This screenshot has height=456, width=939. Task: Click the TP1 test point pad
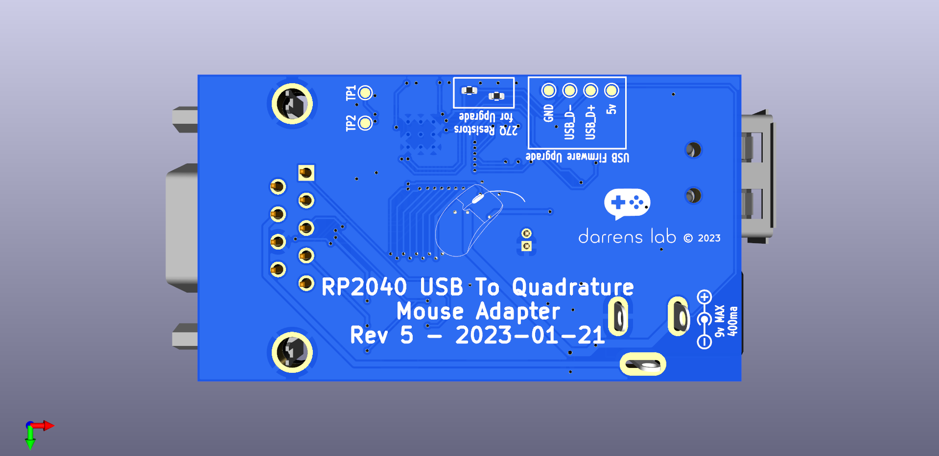pyautogui.click(x=365, y=92)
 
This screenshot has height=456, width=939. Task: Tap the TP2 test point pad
pyautogui.click(x=365, y=123)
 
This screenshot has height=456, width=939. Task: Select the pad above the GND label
pyautogui.click(x=548, y=91)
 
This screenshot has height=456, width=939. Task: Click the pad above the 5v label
pyautogui.click(x=611, y=91)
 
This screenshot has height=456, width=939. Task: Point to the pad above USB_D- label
pyautogui.click(x=569, y=91)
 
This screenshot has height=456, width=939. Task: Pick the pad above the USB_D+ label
pyautogui.click(x=590, y=91)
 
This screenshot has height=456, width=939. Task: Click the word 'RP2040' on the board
pyautogui.click(x=364, y=287)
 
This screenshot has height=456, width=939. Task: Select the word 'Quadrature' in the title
pyautogui.click(x=573, y=287)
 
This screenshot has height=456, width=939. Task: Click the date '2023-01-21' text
pyautogui.click(x=530, y=335)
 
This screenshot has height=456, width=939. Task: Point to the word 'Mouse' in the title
pyautogui.click(x=430, y=311)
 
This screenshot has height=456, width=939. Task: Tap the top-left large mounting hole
pyautogui.click(x=292, y=104)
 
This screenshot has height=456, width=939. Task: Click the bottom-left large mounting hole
pyautogui.click(x=292, y=352)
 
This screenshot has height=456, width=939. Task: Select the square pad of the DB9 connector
pyautogui.click(x=306, y=173)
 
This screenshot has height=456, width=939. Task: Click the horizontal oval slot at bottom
pyautogui.click(x=643, y=365)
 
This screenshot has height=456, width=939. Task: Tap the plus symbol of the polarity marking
pyautogui.click(x=704, y=297)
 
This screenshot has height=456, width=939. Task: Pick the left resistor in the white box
pyautogui.click(x=469, y=91)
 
